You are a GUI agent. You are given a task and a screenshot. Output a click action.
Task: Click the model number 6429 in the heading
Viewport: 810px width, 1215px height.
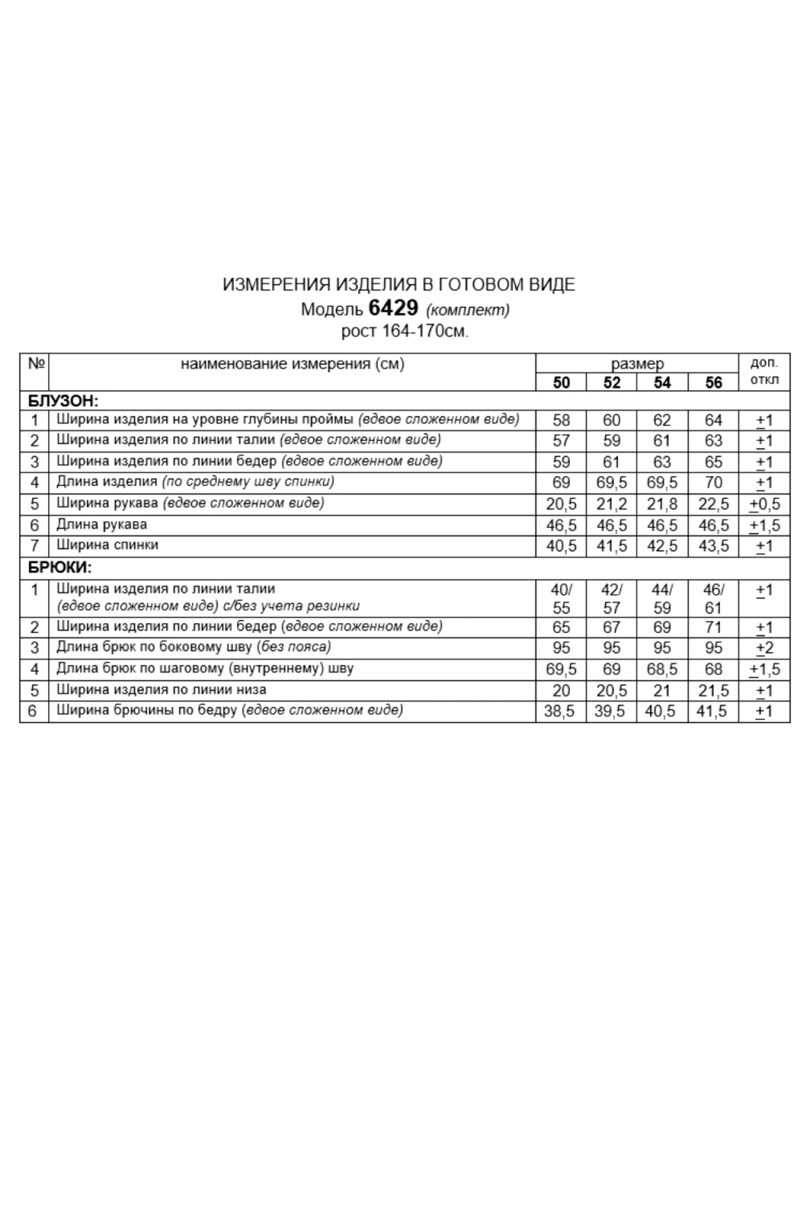[x=393, y=309]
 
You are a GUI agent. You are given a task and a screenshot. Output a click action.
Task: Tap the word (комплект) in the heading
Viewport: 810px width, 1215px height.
[x=467, y=310]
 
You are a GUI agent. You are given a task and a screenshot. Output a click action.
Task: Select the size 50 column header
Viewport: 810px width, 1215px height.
[x=561, y=382]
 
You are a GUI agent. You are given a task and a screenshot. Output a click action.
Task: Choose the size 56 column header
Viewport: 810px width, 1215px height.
[x=713, y=382]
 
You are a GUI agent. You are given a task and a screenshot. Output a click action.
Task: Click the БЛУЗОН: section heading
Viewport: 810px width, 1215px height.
[x=63, y=401]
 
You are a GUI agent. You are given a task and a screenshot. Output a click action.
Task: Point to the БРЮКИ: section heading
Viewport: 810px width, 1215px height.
[x=60, y=568]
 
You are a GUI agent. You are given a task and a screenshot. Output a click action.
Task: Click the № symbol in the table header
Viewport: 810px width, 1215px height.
[x=36, y=363]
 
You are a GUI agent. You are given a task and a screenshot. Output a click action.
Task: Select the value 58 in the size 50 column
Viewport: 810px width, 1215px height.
[x=561, y=420]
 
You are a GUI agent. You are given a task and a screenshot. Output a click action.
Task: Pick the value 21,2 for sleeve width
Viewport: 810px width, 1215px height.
[x=611, y=504]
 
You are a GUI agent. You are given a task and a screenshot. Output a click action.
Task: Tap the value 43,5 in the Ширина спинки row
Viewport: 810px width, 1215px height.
[x=713, y=546]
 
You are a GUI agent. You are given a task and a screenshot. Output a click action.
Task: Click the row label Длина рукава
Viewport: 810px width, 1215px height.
[x=101, y=524]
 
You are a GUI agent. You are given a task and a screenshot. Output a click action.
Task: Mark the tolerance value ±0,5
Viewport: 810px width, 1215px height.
[x=764, y=504]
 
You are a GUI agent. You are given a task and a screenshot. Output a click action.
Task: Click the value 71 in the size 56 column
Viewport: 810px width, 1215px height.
[x=713, y=627]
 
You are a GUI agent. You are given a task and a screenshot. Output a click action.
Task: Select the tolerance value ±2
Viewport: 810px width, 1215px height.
[x=764, y=648]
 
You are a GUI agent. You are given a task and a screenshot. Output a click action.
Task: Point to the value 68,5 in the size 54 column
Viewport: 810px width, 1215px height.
[x=662, y=669]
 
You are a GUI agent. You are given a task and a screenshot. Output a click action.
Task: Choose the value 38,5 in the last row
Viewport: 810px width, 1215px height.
[x=559, y=711]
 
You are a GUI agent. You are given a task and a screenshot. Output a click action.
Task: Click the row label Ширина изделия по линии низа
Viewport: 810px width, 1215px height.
[x=161, y=690]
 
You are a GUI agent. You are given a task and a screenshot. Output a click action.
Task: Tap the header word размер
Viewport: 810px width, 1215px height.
[x=637, y=364]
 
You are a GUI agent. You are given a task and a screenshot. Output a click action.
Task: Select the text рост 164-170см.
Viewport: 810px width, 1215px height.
[x=405, y=332]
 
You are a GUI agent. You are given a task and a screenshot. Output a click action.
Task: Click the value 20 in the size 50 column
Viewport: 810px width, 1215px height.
[x=561, y=691]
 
